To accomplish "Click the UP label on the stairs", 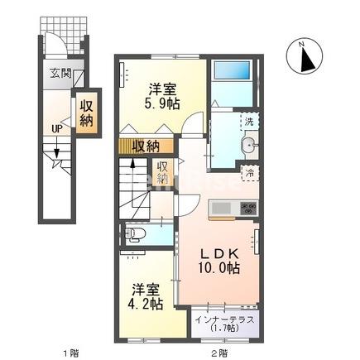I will pyautogui.click(x=56, y=128).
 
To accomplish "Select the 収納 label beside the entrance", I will pyautogui.click(x=85, y=113).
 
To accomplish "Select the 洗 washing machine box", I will pyautogui.click(x=247, y=122).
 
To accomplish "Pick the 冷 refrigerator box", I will pyautogui.click(x=247, y=173).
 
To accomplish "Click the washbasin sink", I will pyautogui.click(x=247, y=148).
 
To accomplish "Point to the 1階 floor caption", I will pyautogui.click(x=65, y=354).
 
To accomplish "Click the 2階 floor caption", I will pyautogui.click(x=217, y=354).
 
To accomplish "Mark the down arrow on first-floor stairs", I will pyautogui.click(x=56, y=151).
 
